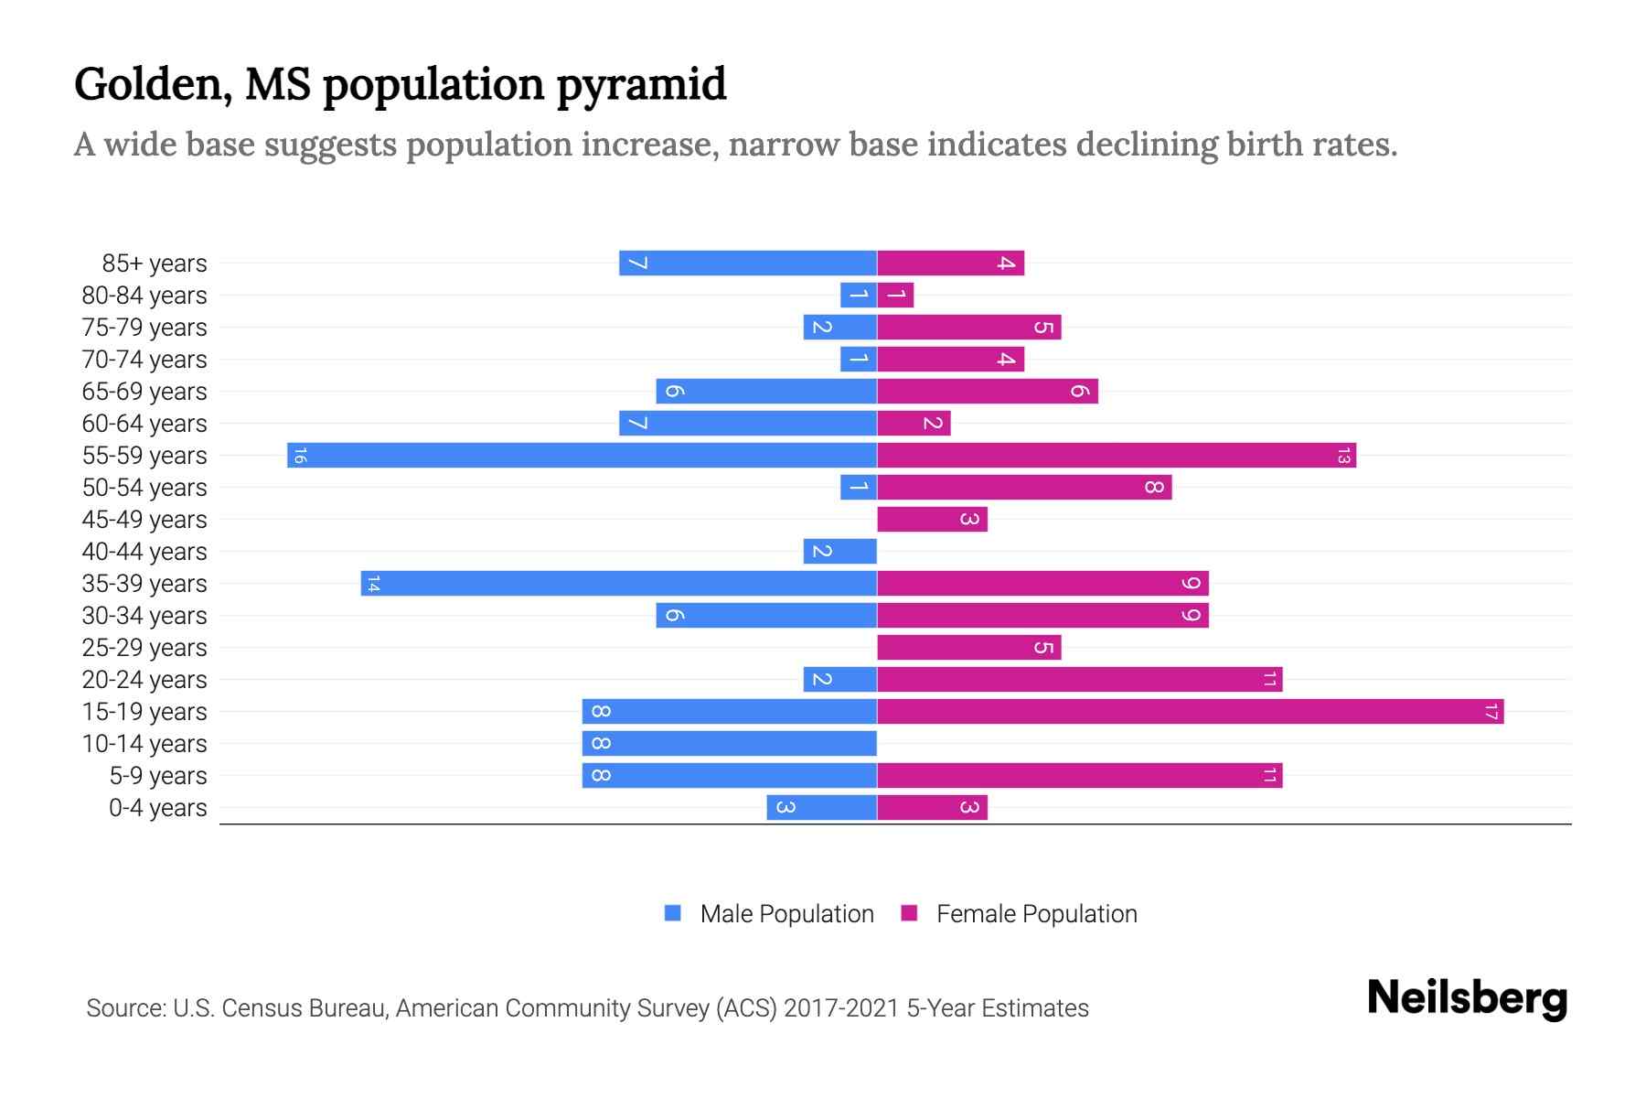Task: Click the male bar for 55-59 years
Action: coord(582,455)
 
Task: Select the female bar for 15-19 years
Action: coord(1190,711)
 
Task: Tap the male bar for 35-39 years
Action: coord(618,583)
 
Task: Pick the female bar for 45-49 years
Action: coord(932,519)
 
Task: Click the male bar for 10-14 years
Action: coord(729,743)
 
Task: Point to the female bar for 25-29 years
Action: coord(968,647)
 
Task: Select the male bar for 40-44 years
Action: coord(839,551)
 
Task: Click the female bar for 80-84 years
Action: coord(895,295)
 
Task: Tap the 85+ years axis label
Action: coord(155,264)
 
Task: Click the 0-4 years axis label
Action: coord(157,808)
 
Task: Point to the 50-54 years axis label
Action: coord(144,488)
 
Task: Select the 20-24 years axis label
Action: coord(144,680)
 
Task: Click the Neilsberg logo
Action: coord(1467,997)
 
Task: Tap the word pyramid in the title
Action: coord(641,85)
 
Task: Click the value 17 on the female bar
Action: coord(1491,711)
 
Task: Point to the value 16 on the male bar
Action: coord(300,455)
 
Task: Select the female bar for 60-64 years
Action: coord(914,423)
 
